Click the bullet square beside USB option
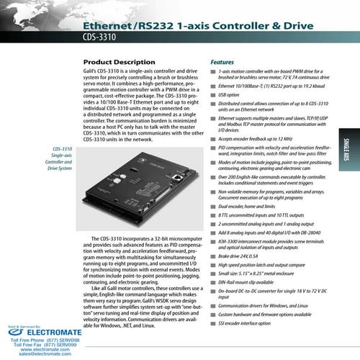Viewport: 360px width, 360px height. (212, 94)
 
